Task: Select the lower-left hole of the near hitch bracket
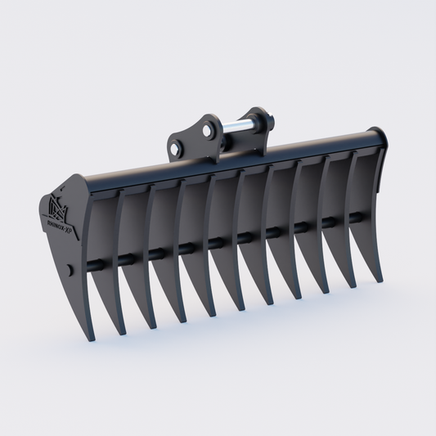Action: click(x=175, y=148)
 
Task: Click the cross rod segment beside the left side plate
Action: click(x=93, y=264)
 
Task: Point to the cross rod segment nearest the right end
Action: click(x=357, y=216)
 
